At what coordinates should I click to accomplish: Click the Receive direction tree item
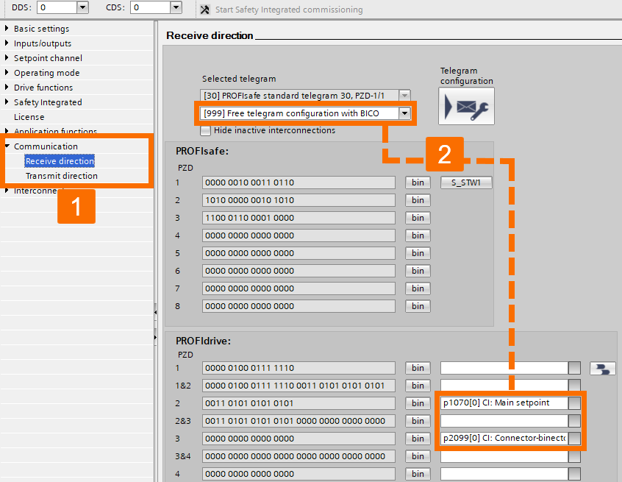(x=60, y=161)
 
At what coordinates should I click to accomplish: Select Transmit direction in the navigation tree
(x=61, y=176)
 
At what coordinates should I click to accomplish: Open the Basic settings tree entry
(x=41, y=29)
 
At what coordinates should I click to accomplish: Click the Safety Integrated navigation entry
(x=48, y=102)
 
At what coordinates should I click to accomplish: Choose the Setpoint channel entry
(x=48, y=58)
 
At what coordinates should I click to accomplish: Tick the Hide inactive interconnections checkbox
(x=206, y=130)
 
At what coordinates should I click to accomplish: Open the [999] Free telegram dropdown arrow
(x=404, y=113)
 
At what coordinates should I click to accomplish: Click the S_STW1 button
(x=466, y=182)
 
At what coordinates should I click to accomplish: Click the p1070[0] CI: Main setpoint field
(x=504, y=403)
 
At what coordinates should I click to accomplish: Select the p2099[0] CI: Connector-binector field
(x=504, y=439)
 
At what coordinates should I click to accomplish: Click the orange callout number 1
(x=76, y=206)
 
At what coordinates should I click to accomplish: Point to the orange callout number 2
(x=444, y=154)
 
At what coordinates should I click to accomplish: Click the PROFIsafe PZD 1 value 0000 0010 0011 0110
(x=299, y=182)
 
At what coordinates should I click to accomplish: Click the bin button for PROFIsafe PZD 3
(x=418, y=218)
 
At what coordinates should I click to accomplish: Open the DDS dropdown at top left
(x=82, y=7)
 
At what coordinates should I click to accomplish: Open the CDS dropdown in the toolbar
(x=175, y=7)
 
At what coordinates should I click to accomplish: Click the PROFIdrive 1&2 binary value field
(x=299, y=386)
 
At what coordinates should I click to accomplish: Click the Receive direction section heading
(x=210, y=35)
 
